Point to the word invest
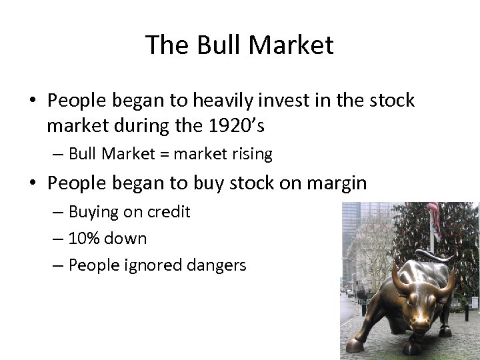(269, 101)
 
